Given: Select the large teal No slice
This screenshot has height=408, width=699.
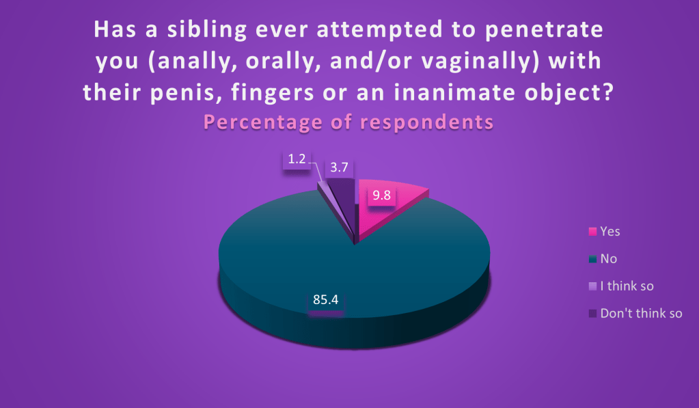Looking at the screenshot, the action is click(355, 277).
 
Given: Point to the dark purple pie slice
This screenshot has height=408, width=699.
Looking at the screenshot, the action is click(343, 201).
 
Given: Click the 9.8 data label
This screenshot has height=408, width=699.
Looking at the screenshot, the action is click(381, 195).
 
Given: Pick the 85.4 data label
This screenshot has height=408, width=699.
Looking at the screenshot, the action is click(326, 299).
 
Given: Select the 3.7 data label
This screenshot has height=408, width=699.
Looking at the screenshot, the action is click(339, 167).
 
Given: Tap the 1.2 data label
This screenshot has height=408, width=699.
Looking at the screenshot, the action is click(297, 159).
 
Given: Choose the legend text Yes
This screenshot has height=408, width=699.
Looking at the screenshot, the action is click(610, 232).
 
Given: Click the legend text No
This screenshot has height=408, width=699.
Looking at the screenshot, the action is click(609, 258).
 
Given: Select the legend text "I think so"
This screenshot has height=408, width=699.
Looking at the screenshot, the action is click(627, 286).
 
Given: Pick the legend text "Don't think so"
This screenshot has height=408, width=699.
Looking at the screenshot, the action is click(641, 313).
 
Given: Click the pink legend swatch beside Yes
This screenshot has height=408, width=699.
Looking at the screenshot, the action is click(592, 232).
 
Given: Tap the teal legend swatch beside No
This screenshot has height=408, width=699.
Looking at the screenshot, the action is click(592, 258).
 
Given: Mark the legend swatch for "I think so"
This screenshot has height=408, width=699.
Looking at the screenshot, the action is click(592, 286).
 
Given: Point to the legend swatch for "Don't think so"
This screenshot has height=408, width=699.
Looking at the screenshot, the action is click(592, 314).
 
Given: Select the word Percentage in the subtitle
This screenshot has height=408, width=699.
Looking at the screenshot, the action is click(263, 122).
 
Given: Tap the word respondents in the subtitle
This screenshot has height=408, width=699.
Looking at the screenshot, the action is click(426, 122).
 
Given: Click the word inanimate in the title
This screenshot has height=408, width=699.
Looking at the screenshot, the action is click(454, 92).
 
